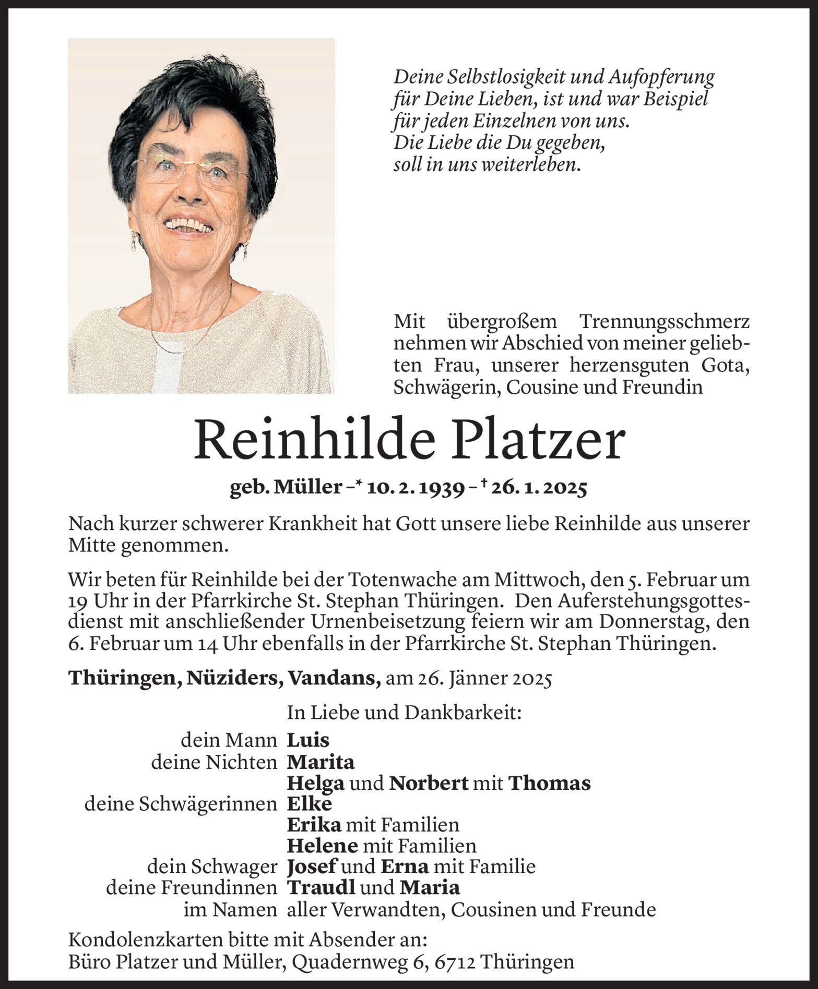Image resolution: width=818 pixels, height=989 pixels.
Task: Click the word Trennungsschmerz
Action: click(x=665, y=322)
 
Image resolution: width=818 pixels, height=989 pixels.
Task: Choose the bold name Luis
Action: click(x=308, y=740)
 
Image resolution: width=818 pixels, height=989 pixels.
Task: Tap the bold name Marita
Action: click(x=321, y=762)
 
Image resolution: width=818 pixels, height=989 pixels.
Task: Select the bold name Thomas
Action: click(x=549, y=783)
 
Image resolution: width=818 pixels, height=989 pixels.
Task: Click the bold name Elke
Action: click(x=309, y=804)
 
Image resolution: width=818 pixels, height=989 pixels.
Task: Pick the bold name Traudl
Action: click(x=314, y=887)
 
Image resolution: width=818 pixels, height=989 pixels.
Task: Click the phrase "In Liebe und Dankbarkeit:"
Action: click(x=404, y=713)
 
